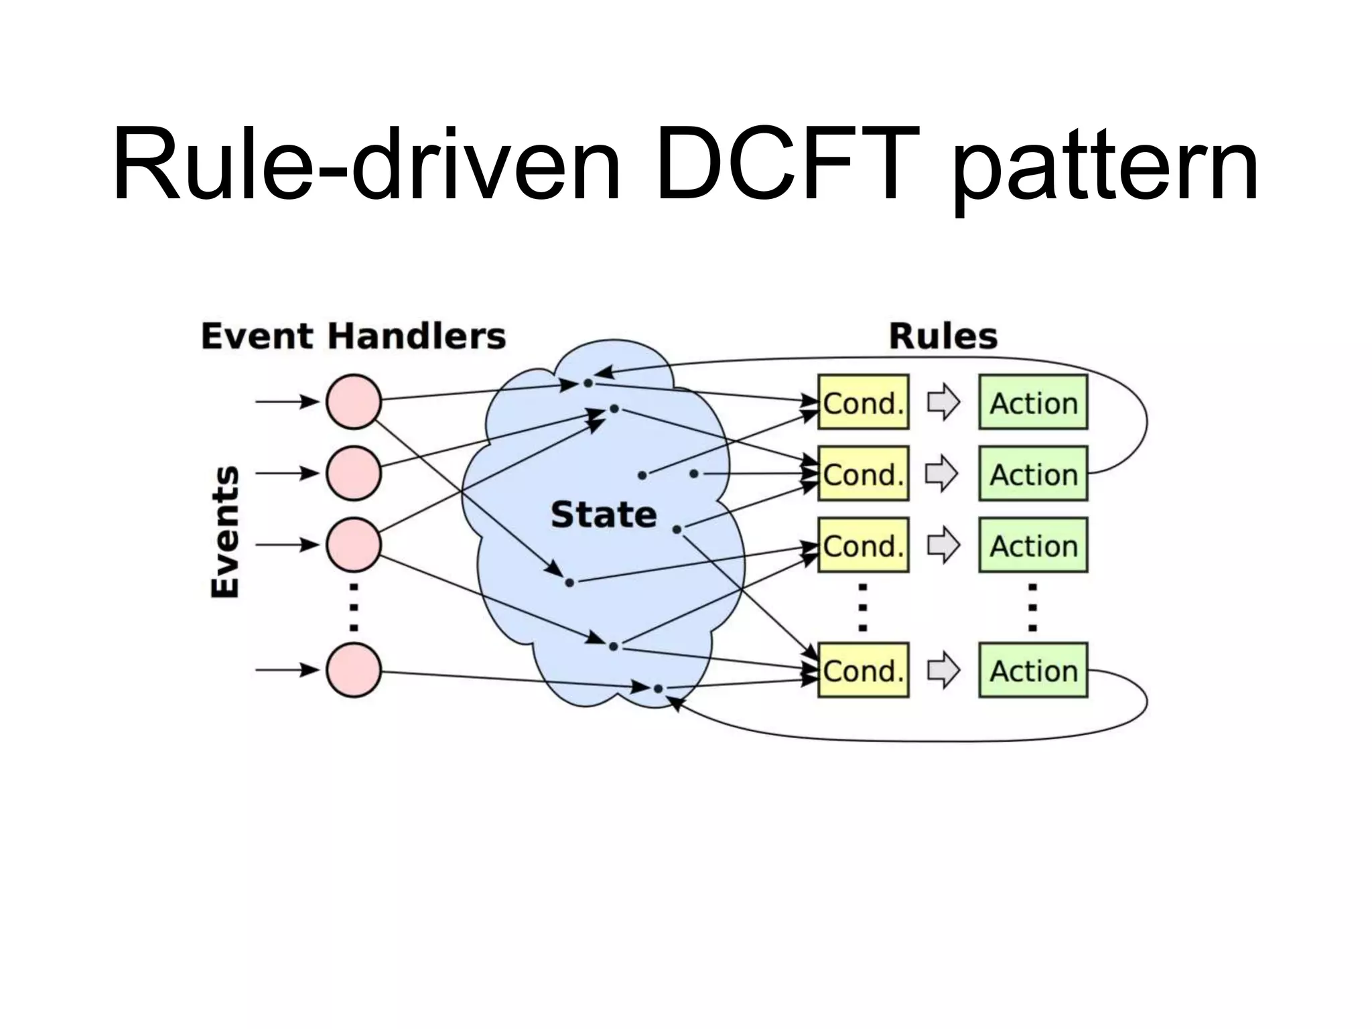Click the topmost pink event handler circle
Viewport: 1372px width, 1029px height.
pos(354,402)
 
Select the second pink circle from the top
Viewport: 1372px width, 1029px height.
pos(354,473)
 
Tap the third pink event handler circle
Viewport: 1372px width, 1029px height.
pos(354,545)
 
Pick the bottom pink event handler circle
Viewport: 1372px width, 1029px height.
pos(354,670)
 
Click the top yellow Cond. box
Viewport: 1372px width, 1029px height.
pos(863,403)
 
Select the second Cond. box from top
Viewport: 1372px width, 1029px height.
pos(863,474)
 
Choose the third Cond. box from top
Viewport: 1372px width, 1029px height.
pos(863,545)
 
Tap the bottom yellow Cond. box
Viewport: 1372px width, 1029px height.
pos(863,671)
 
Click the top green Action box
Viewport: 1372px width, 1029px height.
pos(1033,403)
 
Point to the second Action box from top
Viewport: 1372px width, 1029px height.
pos(1033,474)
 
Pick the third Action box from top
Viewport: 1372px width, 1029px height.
pos(1033,545)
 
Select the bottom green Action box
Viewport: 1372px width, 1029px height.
pos(1033,671)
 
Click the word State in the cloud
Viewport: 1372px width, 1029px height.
pos(604,514)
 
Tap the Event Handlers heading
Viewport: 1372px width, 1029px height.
pos(353,336)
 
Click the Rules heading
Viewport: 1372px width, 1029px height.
pos(943,336)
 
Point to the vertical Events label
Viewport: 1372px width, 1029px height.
pos(225,531)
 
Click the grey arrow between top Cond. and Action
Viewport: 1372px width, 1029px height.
pos(943,403)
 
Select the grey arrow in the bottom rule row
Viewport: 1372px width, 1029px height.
pos(943,671)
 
